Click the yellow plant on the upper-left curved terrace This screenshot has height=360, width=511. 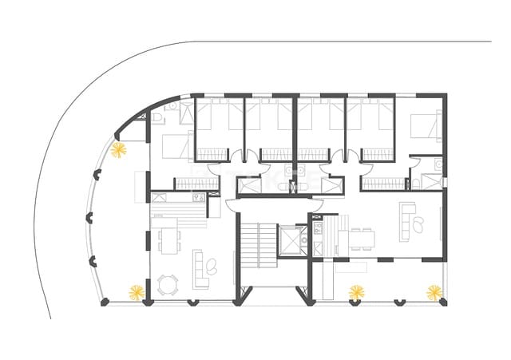click(119, 150)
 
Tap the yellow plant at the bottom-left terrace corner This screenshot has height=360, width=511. click(137, 292)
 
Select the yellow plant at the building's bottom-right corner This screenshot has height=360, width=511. click(434, 292)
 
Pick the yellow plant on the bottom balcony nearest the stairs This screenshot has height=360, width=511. click(356, 292)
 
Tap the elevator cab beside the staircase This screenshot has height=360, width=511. click(292, 239)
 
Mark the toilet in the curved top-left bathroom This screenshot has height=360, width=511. click(160, 118)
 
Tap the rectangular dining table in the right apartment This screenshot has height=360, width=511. click(361, 238)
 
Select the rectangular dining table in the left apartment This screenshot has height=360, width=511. click(168, 237)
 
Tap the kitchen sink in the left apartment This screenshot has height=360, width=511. click(196, 196)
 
